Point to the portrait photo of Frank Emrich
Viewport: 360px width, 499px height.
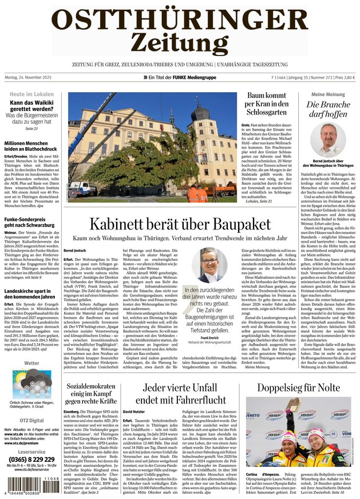[209, 265]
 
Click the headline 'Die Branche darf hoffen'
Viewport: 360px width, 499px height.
[328, 110]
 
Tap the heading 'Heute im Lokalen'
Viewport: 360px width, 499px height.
[32, 93]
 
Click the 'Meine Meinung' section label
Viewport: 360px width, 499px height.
[328, 94]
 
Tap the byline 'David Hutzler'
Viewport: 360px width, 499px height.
[134, 412]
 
